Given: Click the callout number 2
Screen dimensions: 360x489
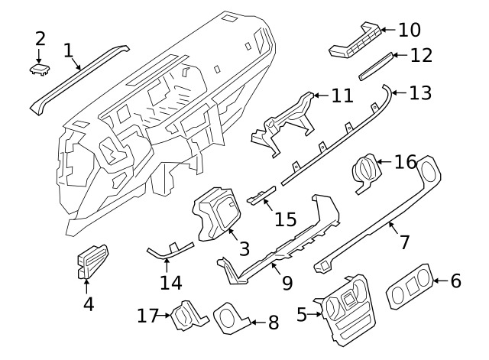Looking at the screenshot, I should point(40,38).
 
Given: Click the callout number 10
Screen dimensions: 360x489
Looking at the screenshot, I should point(410,30).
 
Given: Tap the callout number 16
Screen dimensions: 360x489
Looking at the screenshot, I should point(406,162).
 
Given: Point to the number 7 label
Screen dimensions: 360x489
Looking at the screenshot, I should point(404,242).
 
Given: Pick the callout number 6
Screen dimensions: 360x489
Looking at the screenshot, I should point(455,281).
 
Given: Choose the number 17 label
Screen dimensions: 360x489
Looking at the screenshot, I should point(147,314).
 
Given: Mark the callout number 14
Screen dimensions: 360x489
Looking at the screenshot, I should point(171,283).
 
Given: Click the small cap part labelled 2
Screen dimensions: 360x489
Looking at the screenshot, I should point(39,70).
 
